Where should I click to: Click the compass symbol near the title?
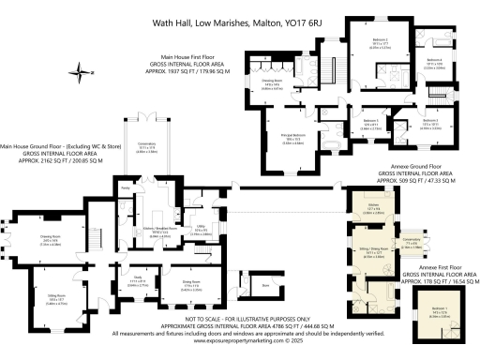[84, 70]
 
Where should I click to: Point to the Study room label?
[138, 278]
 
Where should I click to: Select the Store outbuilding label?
[265, 284]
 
